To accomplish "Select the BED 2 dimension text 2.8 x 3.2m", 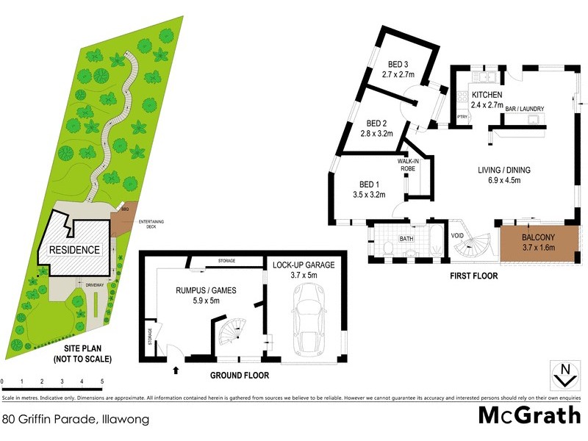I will pos(377,134).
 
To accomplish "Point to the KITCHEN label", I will pos(487,96).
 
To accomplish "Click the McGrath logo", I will pos(529,415).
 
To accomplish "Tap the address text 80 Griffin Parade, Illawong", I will pos(76,420).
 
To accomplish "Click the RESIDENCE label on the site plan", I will pos(74,250).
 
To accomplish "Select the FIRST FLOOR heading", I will pos(473,276).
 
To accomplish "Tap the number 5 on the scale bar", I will pos(101,381).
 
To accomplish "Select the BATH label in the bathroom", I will pos(406,239).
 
